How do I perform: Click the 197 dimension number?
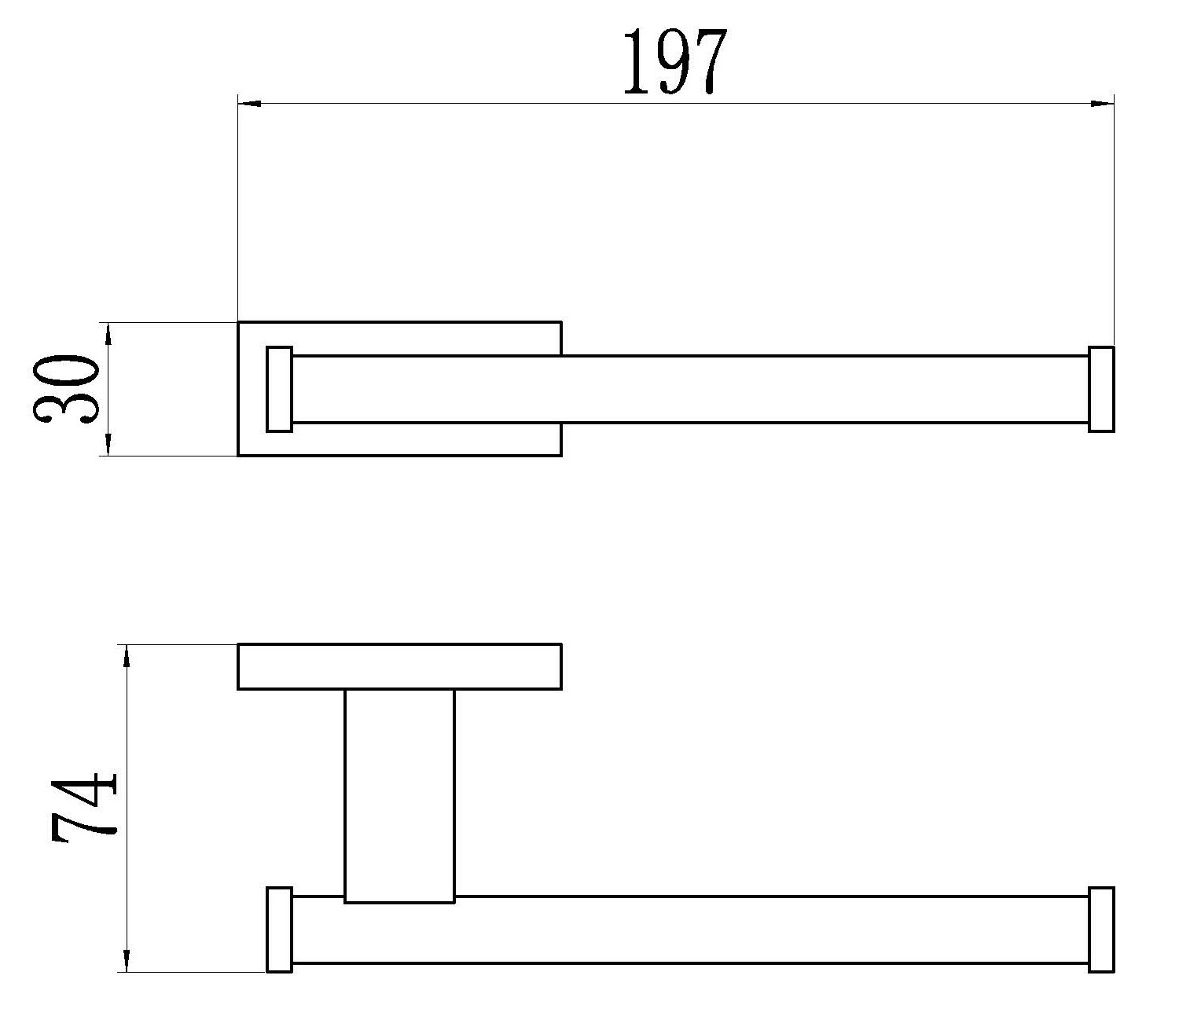pyautogui.click(x=675, y=62)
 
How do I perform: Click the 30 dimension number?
pyautogui.click(x=65, y=389)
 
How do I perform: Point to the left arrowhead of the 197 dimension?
pyautogui.click(x=249, y=104)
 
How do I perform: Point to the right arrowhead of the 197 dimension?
pyautogui.click(x=1102, y=104)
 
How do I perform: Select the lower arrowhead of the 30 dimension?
pyautogui.click(x=108, y=444)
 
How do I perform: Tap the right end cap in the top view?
pyautogui.click(x=1101, y=389)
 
